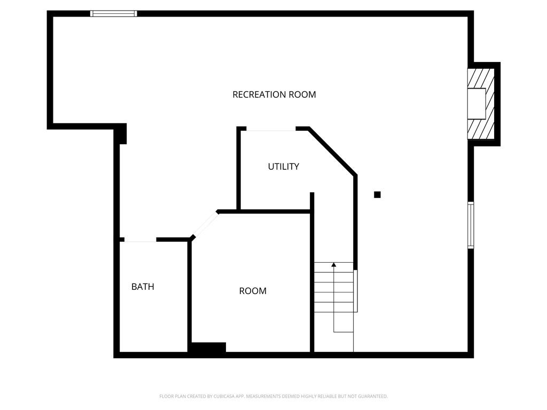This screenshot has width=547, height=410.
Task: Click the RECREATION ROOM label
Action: point(274,94)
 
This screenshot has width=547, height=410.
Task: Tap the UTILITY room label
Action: point(283,167)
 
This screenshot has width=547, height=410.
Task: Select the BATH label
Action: point(143,287)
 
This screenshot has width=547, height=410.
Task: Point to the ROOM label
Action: point(253,291)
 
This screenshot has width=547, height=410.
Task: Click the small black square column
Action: point(377,194)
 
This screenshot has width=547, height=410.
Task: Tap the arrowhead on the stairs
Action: point(334,265)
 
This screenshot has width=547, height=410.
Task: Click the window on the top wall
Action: point(113,13)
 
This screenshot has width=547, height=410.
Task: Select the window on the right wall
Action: point(471,225)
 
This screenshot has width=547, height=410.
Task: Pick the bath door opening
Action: point(140,240)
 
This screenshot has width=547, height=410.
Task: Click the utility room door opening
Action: point(271,129)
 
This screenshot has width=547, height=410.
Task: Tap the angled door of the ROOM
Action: point(205,225)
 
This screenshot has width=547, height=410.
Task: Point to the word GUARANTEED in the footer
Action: point(373,397)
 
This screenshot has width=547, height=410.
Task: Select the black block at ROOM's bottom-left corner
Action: point(208,348)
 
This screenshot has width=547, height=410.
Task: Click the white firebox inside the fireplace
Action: point(477,104)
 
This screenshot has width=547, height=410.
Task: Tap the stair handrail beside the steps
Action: point(356,291)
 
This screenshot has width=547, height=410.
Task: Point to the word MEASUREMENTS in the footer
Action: point(263,397)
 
